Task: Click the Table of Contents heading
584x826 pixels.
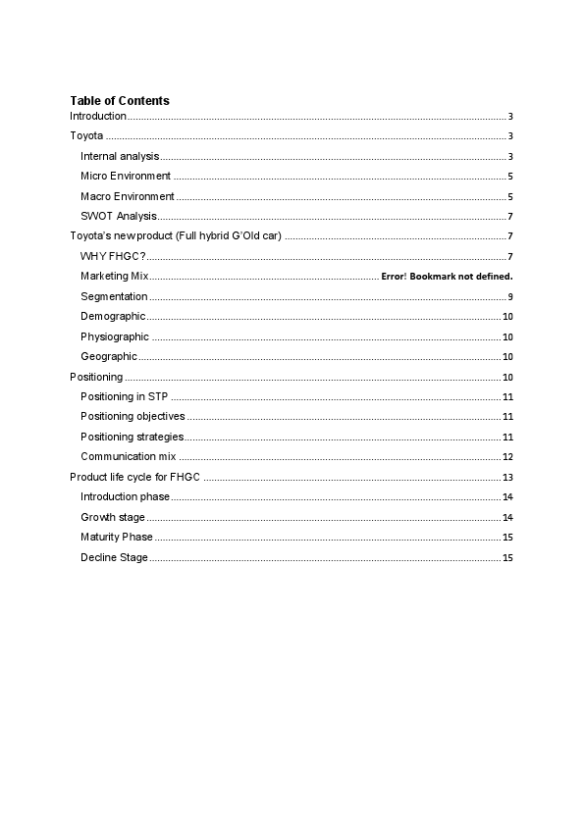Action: click(120, 101)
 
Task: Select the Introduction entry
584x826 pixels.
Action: click(98, 117)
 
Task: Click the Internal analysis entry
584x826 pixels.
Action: click(120, 157)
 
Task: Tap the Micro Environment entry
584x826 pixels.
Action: click(126, 177)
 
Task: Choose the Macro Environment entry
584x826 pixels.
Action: click(128, 197)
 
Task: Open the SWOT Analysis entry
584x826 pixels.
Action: click(119, 217)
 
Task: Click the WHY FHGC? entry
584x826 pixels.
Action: click(113, 257)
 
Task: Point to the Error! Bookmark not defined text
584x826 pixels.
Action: click(447, 277)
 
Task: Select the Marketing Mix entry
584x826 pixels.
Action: click(114, 277)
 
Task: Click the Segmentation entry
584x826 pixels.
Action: click(114, 296)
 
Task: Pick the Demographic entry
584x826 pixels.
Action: click(113, 317)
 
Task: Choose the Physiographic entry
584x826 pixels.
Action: click(115, 337)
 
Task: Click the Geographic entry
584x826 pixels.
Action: click(109, 357)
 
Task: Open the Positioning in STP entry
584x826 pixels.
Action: click(125, 397)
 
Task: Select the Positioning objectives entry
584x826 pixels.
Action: click(133, 417)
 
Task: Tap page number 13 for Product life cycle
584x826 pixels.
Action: click(507, 478)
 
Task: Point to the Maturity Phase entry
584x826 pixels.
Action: click(117, 538)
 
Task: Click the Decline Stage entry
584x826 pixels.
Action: click(114, 558)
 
